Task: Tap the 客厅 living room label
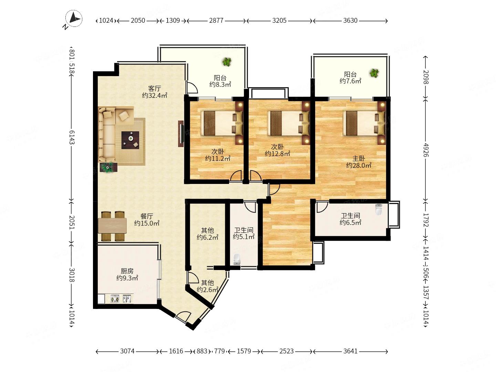click(x=154, y=88)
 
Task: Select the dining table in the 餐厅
click(x=112, y=226)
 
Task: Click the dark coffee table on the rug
click(x=131, y=140)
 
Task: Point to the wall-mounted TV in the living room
click(x=181, y=134)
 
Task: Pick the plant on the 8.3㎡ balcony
click(x=227, y=62)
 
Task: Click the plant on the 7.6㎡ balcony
click(x=374, y=73)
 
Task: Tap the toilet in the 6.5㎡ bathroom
click(x=379, y=209)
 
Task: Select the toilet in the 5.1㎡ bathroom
click(x=237, y=259)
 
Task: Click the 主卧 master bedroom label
click(x=358, y=158)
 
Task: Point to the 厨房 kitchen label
click(x=127, y=271)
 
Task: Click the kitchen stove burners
click(x=115, y=299)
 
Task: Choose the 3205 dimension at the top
click(x=279, y=21)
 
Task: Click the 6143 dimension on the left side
click(x=72, y=137)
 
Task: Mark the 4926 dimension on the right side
click(x=426, y=150)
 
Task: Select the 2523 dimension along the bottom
click(x=287, y=351)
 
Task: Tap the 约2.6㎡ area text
click(x=207, y=289)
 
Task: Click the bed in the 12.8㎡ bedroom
click(x=288, y=123)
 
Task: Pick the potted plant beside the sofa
click(x=108, y=167)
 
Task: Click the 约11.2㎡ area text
click(x=218, y=158)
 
